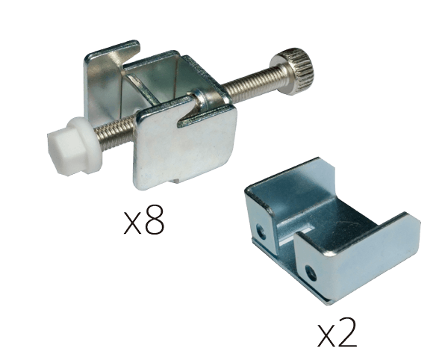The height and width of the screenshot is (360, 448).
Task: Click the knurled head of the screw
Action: click(296, 69)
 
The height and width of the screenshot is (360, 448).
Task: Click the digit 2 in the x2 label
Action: click(346, 332)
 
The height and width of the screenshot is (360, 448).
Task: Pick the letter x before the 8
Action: click(133, 224)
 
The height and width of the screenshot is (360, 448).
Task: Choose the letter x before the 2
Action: click(326, 336)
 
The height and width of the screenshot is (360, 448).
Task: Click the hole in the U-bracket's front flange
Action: click(311, 273)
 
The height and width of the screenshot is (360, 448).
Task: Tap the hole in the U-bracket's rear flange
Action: click(261, 231)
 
